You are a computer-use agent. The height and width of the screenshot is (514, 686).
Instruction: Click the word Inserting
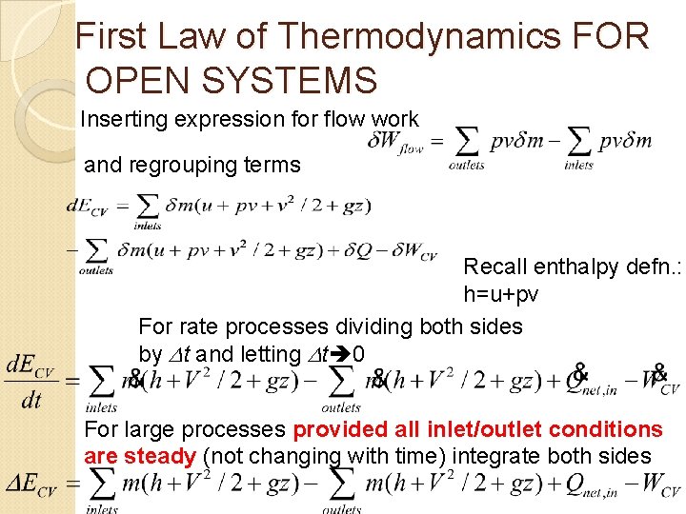coord(119,120)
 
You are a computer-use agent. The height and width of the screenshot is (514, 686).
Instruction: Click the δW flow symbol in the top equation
coord(396,142)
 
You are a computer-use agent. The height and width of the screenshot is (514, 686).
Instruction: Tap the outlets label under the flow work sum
coord(467,166)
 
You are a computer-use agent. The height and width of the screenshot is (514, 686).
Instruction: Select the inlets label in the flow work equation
coord(578,166)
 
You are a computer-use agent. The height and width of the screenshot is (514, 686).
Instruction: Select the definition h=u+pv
coord(501,295)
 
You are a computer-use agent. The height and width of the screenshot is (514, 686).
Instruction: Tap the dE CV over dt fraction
coord(31,383)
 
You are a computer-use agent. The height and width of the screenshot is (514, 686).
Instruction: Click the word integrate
coord(494,456)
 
